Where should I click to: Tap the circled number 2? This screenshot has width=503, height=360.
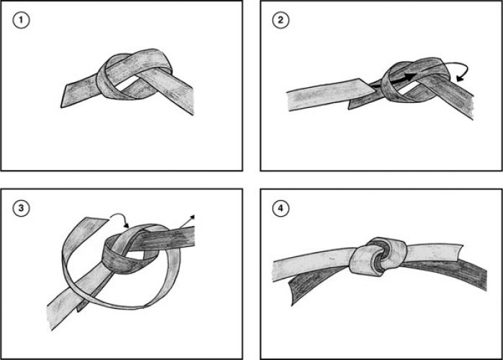pos(281,20)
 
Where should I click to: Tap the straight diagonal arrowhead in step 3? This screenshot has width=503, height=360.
pos(192,215)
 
